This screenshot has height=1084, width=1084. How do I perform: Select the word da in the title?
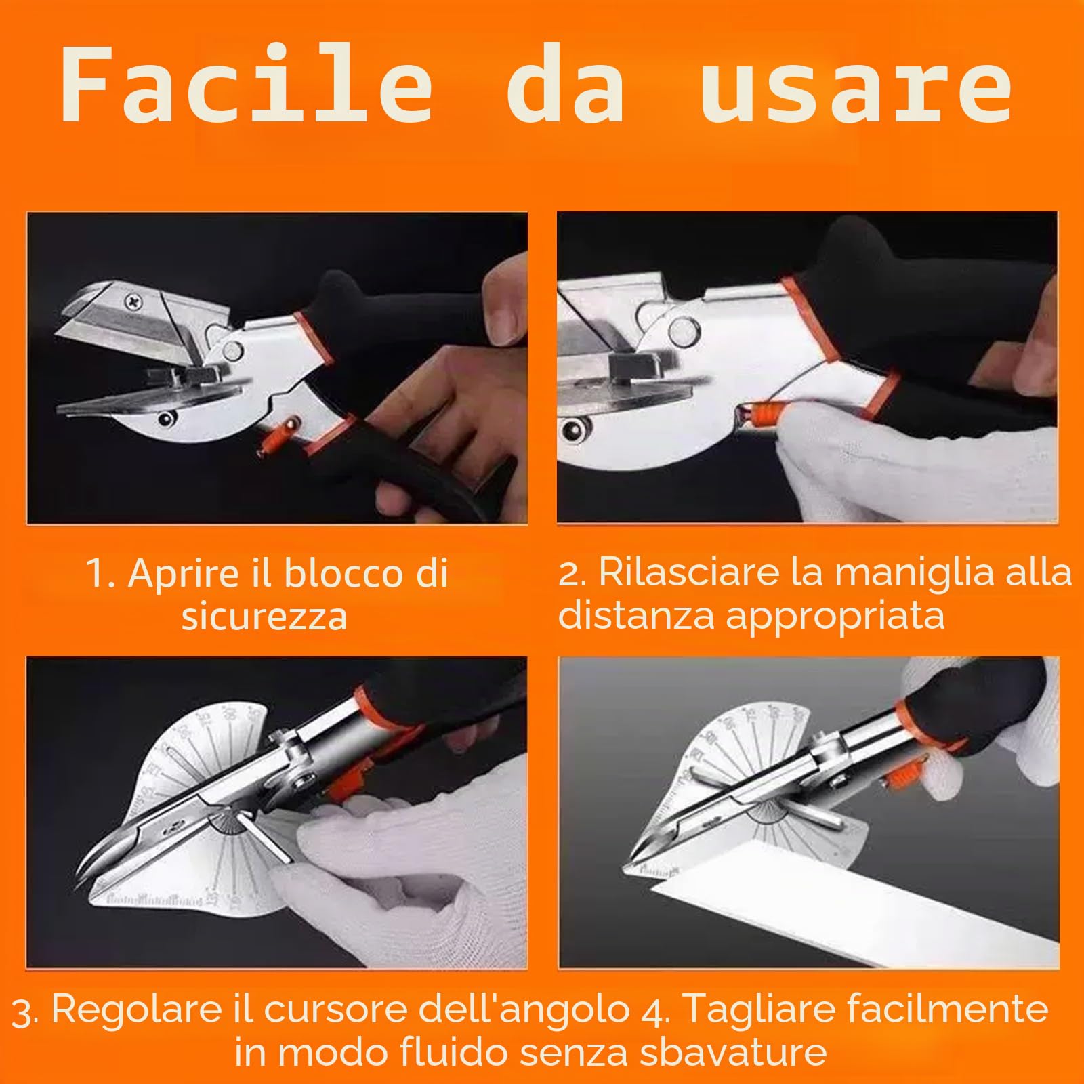[x=565, y=87]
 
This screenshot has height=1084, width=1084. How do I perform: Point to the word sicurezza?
[x=264, y=617]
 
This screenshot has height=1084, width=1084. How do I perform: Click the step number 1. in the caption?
[x=100, y=573]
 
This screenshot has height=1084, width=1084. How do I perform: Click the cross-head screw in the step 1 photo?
[x=131, y=299]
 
